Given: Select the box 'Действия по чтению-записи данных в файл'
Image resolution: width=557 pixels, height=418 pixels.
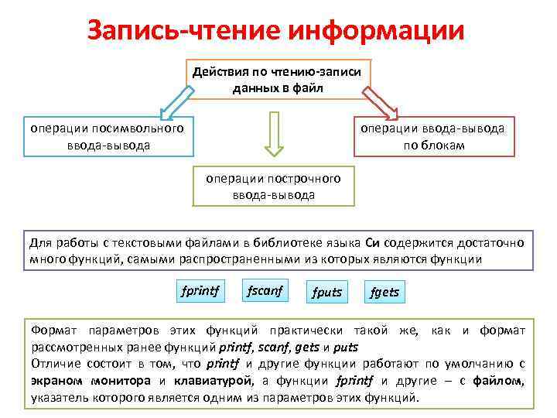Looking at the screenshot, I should click(279, 80).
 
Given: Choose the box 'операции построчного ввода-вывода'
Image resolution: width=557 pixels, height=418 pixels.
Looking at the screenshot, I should click(273, 186).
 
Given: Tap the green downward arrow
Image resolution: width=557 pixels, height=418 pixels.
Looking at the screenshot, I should click(273, 133).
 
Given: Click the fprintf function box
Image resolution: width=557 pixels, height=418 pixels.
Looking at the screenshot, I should click(200, 291).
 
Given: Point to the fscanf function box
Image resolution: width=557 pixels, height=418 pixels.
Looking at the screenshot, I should click(265, 290).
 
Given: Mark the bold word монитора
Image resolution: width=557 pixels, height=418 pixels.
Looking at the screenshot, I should click(125, 381).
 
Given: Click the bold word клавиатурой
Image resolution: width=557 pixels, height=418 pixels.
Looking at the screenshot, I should click(211, 381).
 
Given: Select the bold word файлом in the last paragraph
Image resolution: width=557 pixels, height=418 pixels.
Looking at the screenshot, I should click(502, 381).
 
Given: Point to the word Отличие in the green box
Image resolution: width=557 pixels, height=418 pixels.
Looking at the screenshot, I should click(54, 364).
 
